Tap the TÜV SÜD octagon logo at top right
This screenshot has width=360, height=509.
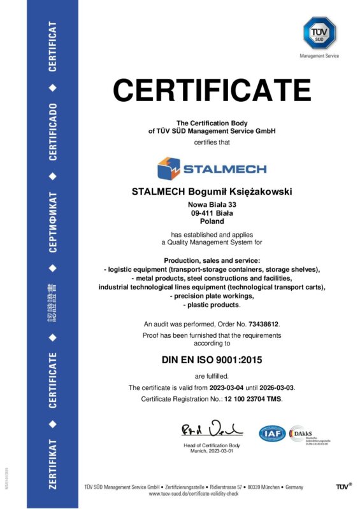coord(319,32)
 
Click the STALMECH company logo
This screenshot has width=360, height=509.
coord(212,169)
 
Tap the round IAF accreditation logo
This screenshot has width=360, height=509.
coord(272,434)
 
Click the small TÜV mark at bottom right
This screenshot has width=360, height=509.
coord(343,487)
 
